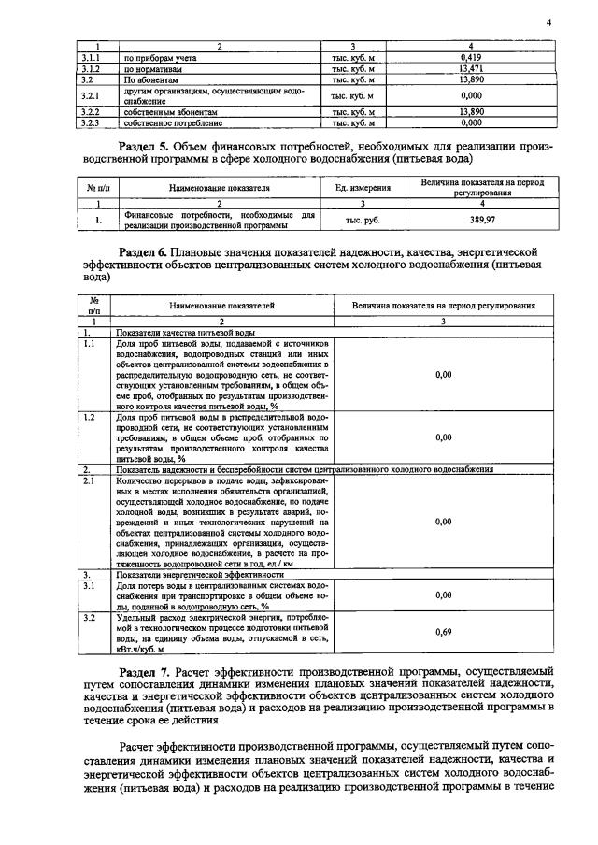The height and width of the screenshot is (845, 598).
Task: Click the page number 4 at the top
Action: point(549,22)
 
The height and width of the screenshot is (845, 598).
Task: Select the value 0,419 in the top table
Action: point(470,58)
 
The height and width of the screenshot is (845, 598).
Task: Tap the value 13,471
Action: point(470,69)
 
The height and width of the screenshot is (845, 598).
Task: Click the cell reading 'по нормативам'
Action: point(148,69)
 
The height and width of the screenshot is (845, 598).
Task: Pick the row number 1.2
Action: point(90,416)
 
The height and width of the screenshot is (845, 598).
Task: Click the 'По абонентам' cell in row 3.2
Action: point(149,80)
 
